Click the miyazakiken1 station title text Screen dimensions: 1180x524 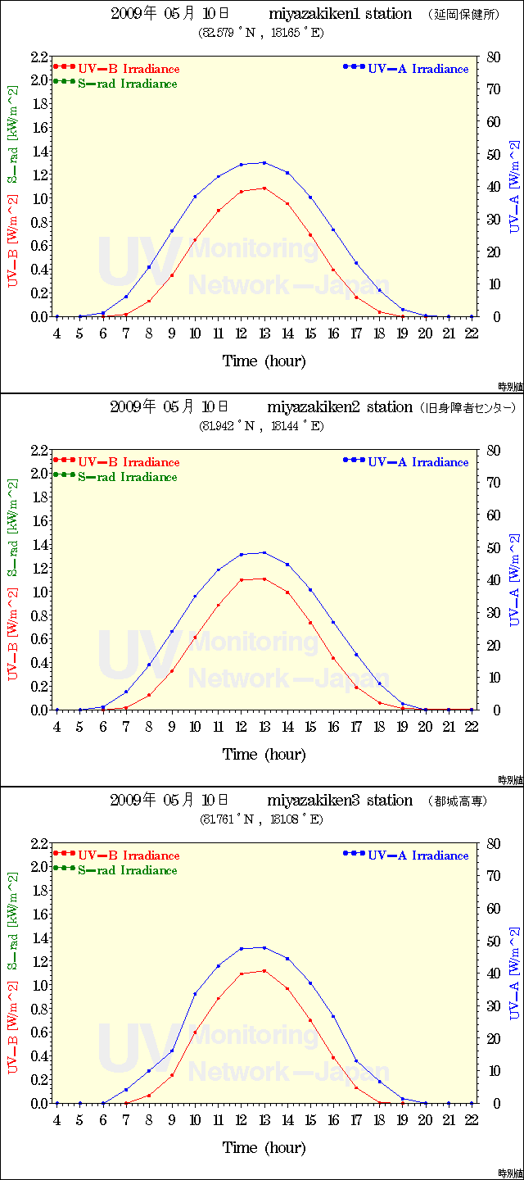click(x=339, y=14)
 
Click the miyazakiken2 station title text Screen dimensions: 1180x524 click(x=339, y=407)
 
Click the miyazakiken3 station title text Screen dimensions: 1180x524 click(x=339, y=801)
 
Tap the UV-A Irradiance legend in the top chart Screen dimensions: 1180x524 click(x=405, y=69)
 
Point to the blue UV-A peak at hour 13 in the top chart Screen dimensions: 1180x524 click(x=264, y=162)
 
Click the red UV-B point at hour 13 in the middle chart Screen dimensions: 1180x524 click(x=264, y=579)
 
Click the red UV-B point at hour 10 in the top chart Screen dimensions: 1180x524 click(x=195, y=240)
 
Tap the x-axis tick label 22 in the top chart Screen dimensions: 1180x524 click(x=471, y=333)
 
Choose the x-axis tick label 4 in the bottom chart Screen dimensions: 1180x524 click(x=56, y=1119)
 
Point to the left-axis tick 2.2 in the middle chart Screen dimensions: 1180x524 click(x=39, y=450)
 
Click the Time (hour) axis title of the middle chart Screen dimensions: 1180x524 click(x=264, y=754)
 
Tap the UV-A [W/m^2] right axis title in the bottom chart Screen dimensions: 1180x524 click(x=513, y=973)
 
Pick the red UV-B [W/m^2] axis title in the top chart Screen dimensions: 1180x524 click(x=13, y=242)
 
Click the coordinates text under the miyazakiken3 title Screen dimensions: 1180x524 click(x=262, y=819)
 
